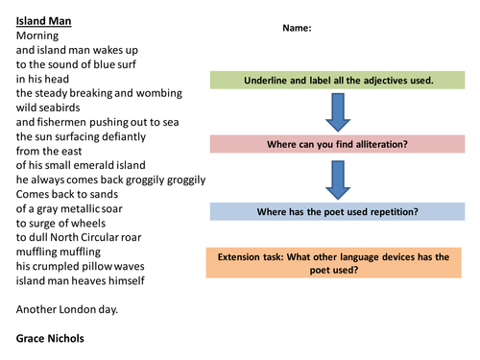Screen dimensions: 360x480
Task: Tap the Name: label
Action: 297,28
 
